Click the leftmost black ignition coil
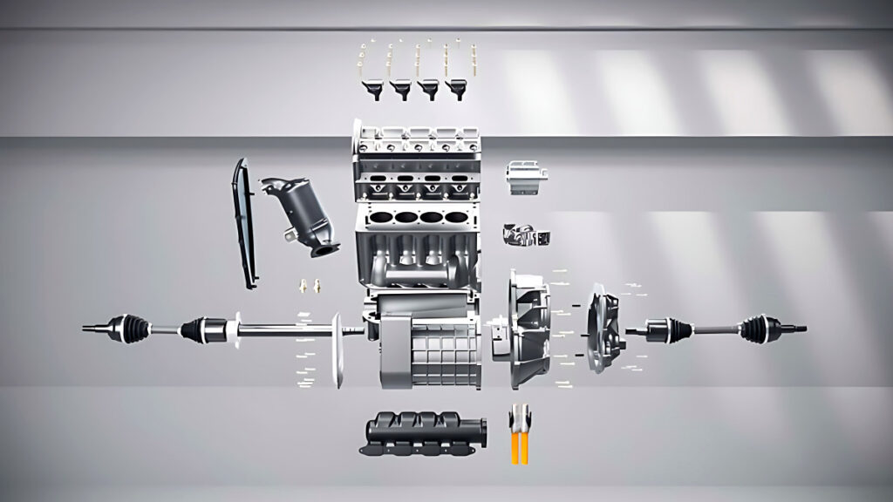[x=371, y=88]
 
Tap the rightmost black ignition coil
[x=456, y=88]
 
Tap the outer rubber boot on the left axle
[x=132, y=326]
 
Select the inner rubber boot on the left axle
[x=197, y=329]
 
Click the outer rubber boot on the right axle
[x=754, y=329]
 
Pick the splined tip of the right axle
[x=798, y=329]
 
